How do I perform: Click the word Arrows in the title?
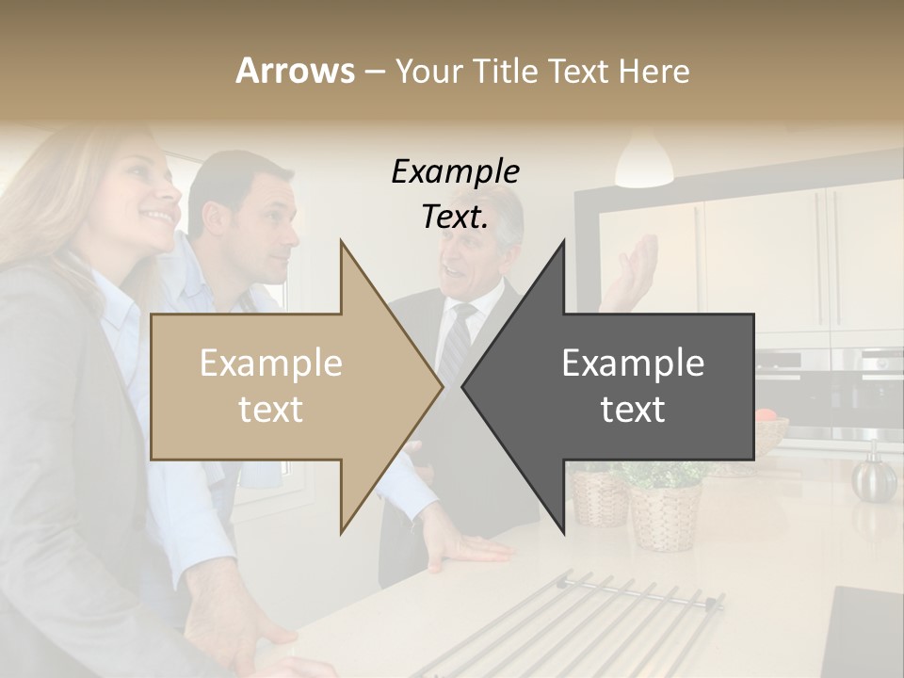click(x=295, y=71)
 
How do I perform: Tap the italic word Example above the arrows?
click(x=455, y=172)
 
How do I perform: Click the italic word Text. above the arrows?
click(x=455, y=218)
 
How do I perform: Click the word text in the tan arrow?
click(x=270, y=410)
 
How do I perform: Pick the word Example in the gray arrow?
click(x=633, y=363)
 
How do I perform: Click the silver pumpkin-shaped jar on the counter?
click(x=874, y=476)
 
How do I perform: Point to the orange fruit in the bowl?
click(x=766, y=414)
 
